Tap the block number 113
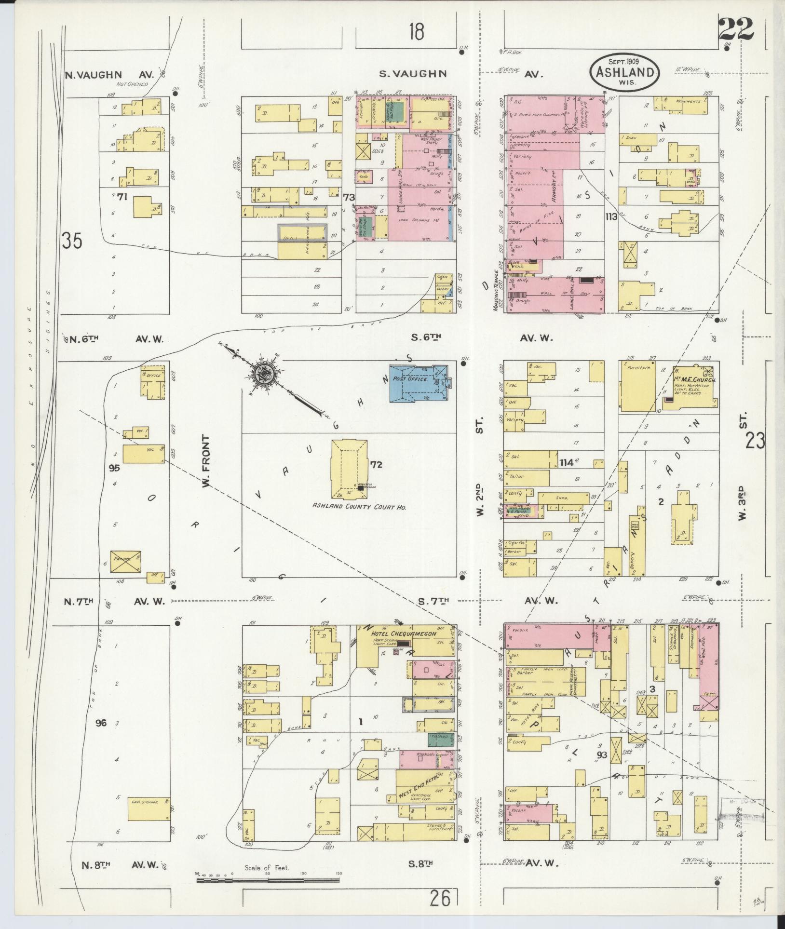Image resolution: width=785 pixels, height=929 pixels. coord(611,217)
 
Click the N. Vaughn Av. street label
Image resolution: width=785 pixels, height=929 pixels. coord(109,75)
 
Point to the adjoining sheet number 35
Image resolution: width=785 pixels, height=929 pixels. coord(72,241)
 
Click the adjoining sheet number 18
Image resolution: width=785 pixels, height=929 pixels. coord(417,32)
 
